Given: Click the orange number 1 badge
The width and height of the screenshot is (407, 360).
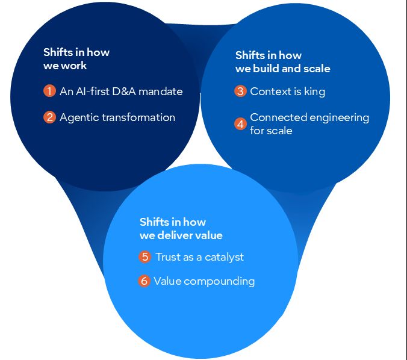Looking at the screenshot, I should click(x=49, y=92).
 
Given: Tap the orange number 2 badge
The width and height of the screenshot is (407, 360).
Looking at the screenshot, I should click(x=49, y=117).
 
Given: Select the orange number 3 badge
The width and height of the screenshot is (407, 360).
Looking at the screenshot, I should click(x=240, y=92).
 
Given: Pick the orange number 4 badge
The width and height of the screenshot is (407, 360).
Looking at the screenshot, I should click(x=240, y=124).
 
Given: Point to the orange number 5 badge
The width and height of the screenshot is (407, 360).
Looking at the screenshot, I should click(x=144, y=257).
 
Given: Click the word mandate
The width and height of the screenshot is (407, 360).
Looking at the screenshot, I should click(x=161, y=92).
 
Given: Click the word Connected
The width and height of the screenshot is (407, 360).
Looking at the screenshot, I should click(x=276, y=117).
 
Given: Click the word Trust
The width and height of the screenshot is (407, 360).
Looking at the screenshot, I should click(x=169, y=257).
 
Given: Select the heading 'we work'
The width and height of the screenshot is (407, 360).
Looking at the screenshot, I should click(x=65, y=66).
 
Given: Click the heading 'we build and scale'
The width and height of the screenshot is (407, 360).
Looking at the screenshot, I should click(x=282, y=69).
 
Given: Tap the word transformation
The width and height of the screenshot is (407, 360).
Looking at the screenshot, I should click(x=138, y=117).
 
